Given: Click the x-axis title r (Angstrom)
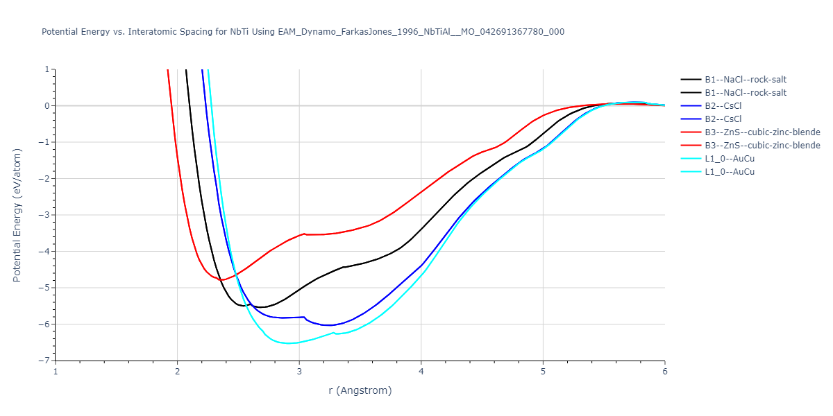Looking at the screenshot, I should (x=360, y=390).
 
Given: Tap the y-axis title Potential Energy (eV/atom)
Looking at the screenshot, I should (x=17, y=215).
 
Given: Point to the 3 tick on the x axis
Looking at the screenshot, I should (x=299, y=372).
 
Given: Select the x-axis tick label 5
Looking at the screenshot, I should (x=543, y=372).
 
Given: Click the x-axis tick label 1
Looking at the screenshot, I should (x=56, y=372).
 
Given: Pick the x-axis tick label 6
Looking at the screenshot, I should (x=664, y=372).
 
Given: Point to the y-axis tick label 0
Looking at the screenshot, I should (x=47, y=106).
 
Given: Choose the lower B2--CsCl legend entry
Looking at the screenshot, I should (x=730, y=119).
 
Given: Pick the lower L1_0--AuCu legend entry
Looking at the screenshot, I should (x=730, y=172).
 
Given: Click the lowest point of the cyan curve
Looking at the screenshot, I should (x=288, y=343).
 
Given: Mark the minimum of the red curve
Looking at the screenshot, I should (x=222, y=280).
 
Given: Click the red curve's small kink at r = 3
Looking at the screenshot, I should (x=303, y=234).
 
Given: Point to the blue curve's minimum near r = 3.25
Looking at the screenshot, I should (x=328, y=325).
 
